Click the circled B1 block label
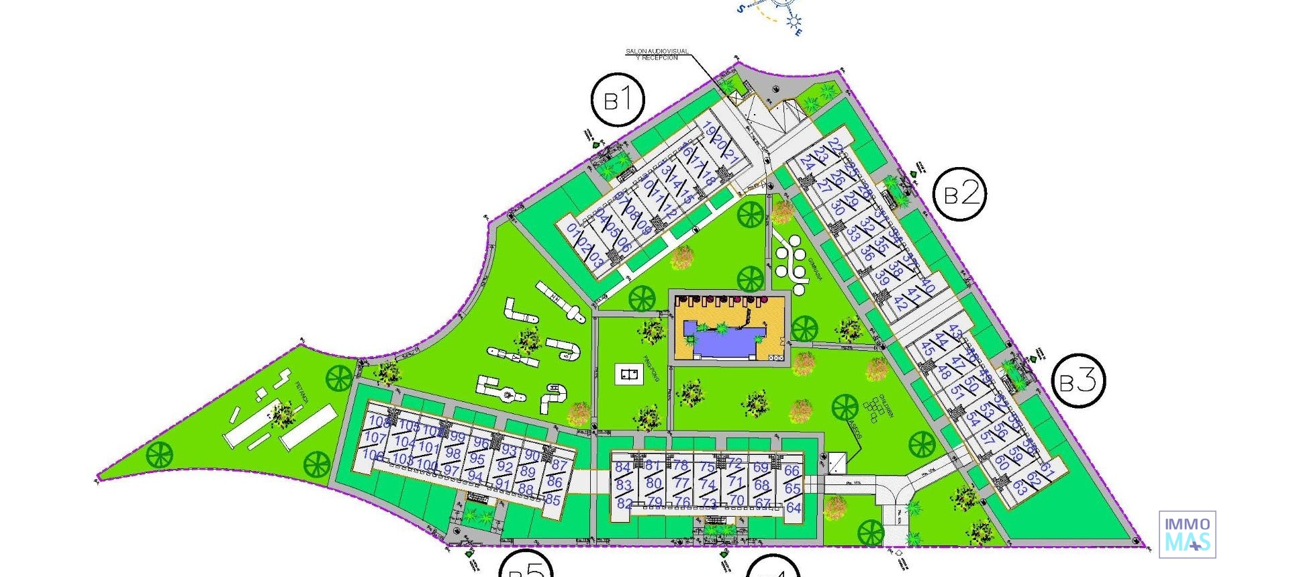(618, 100)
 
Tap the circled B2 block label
(961, 193)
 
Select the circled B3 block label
(1078, 381)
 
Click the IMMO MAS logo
(1187, 534)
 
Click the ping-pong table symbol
(629, 374)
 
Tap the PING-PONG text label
(651, 368)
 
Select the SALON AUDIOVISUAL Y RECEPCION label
(657, 54)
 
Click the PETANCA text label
(301, 392)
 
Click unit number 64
(794, 508)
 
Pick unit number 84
(622, 468)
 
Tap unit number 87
(559, 465)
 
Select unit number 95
(477, 460)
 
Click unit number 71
(736, 482)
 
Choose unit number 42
(901, 305)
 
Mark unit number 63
(1020, 488)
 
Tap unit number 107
(375, 438)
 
